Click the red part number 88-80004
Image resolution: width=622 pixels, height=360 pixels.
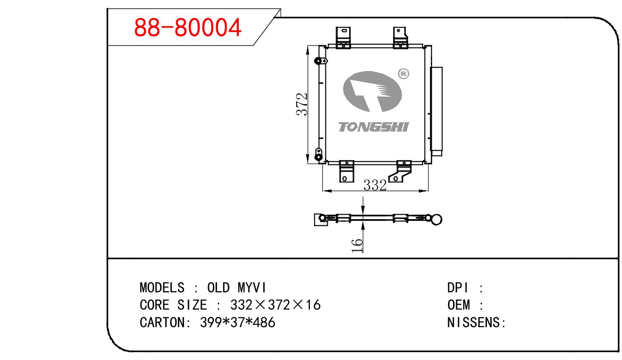point(188,28)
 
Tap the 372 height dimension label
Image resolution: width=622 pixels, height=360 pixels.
point(302,104)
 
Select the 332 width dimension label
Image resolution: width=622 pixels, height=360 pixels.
point(375,185)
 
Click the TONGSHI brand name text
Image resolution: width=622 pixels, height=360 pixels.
point(373,127)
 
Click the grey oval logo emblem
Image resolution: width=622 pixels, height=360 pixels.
point(373,92)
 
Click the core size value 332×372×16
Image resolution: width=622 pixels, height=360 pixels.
point(275,305)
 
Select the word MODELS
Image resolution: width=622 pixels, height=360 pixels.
point(162,288)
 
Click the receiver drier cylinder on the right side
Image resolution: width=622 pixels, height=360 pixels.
point(437,110)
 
